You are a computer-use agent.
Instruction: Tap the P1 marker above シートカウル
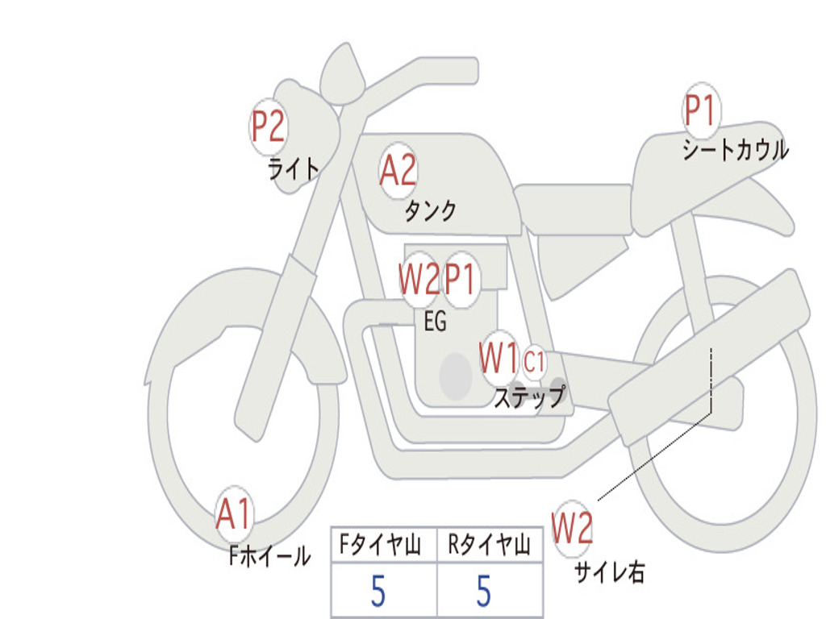point(700,111)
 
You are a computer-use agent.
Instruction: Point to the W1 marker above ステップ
point(499,358)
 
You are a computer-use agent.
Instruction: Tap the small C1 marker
point(534,362)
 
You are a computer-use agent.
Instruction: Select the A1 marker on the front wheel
point(234,514)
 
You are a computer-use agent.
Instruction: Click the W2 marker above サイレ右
point(572,529)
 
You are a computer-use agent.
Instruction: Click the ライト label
point(294,169)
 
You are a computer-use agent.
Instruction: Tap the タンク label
point(430,211)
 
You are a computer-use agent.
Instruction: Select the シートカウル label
point(735,150)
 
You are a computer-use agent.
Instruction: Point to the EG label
point(435,322)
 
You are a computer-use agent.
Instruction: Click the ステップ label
point(529,397)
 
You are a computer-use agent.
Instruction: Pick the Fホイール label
point(269,556)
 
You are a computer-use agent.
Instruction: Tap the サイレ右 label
point(610,572)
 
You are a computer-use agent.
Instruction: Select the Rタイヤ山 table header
point(489,546)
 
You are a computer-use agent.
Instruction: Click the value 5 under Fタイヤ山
point(378,592)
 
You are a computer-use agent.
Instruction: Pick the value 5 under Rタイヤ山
point(484,592)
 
